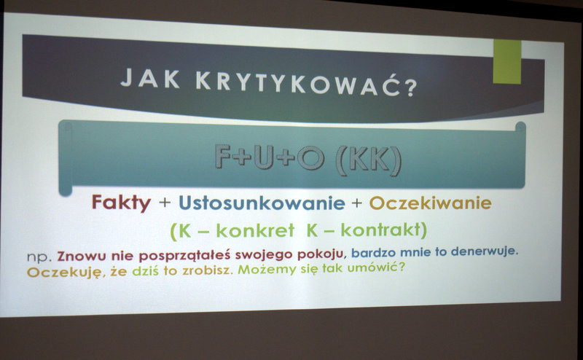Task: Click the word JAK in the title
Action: pos(150,78)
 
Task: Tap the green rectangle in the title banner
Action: pos(506,62)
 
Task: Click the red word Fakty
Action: pos(121,203)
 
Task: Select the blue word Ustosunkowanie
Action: pos(262,203)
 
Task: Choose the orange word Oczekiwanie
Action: pos(430,203)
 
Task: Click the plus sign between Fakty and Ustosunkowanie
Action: pos(165,203)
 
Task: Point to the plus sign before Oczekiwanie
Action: pos(356,203)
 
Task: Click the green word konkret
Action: pos(255,230)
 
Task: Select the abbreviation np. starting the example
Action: pos(39,257)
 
